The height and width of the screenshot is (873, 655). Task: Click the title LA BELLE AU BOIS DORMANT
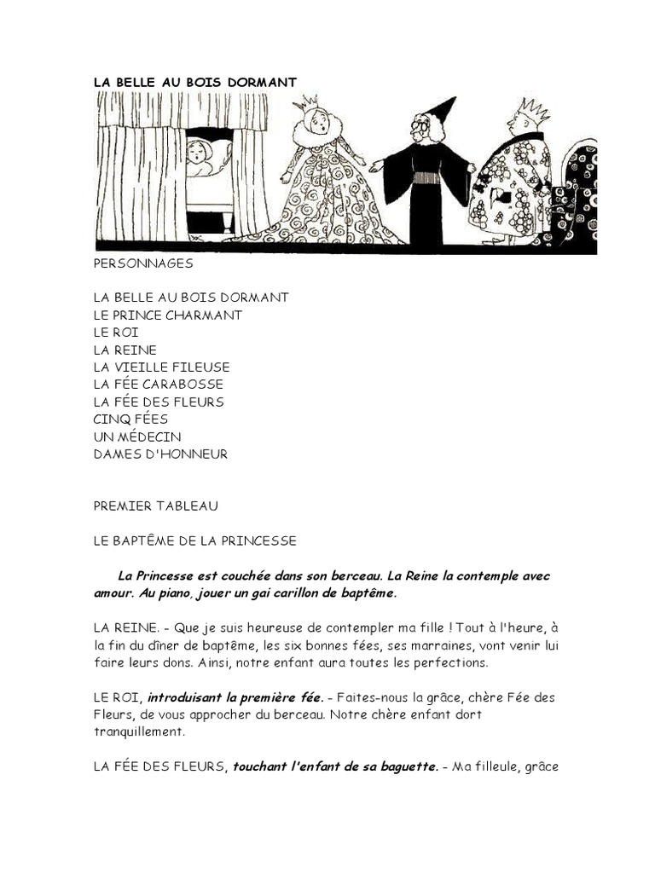click(194, 82)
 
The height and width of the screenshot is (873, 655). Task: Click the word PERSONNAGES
click(143, 263)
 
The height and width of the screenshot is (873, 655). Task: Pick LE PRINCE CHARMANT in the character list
click(168, 315)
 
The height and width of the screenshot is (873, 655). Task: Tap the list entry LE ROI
click(116, 332)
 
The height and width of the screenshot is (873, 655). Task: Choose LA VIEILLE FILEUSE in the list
click(162, 367)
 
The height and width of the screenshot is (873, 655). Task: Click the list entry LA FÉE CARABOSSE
click(159, 384)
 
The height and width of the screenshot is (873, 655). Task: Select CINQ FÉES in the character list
click(130, 419)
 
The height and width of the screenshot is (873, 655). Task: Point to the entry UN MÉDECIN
click(137, 436)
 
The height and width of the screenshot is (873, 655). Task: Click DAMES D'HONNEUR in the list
click(160, 454)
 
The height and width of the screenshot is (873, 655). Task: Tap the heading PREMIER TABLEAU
click(156, 506)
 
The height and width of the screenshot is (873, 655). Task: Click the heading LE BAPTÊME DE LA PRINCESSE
click(195, 541)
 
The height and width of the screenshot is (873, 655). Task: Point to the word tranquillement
click(138, 731)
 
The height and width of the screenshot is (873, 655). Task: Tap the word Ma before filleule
click(461, 766)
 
